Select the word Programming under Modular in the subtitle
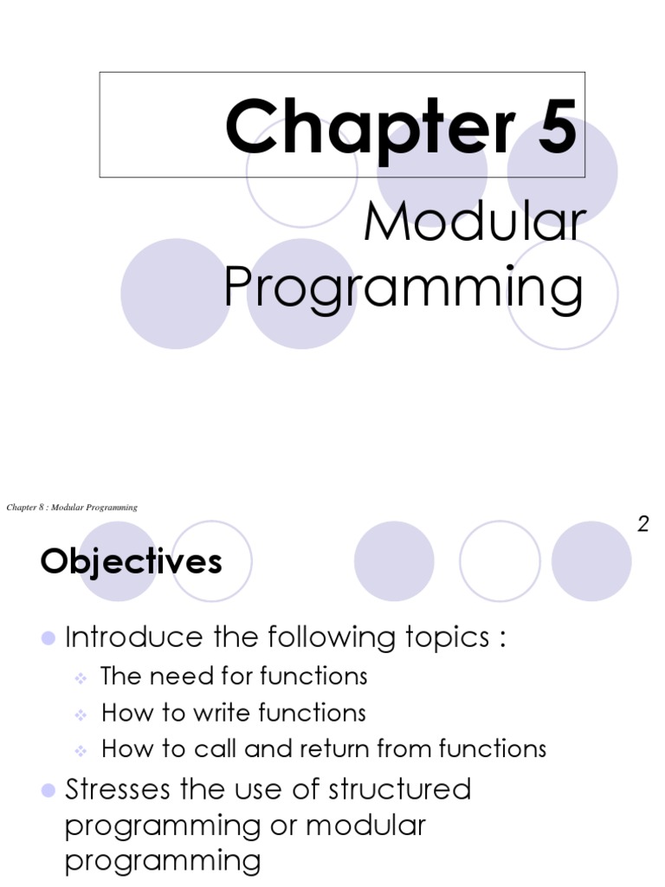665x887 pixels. point(404,288)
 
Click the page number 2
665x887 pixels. point(643,523)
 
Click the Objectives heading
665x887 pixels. point(131,562)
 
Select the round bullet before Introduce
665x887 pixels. point(48,639)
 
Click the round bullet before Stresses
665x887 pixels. point(48,790)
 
